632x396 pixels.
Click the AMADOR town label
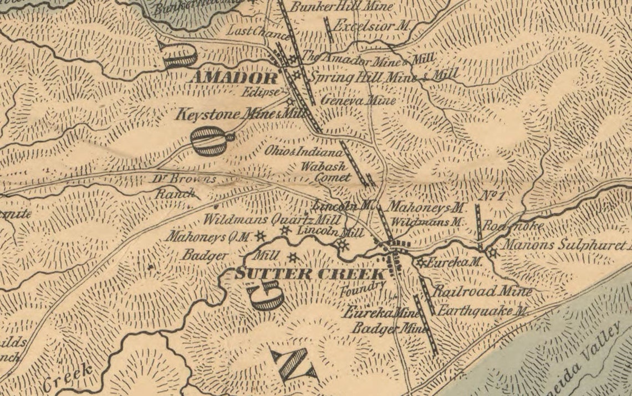click(x=233, y=78)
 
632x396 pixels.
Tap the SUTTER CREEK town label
click(x=310, y=274)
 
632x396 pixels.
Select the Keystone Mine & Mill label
click(x=241, y=115)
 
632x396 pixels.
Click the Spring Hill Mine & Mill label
click(x=383, y=76)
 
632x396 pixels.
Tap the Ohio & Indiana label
click(x=304, y=151)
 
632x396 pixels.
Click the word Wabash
click(x=324, y=166)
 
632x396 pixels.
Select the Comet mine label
click(x=333, y=178)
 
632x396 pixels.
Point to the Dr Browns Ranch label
click(x=183, y=186)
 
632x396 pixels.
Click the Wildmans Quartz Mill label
click(x=271, y=219)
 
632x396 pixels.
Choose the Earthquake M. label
click(x=482, y=311)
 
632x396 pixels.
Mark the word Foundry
click(x=363, y=288)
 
